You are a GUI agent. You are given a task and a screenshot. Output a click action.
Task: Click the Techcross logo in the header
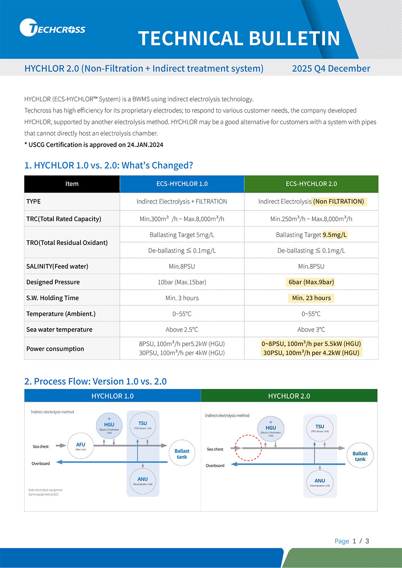(x=52, y=28)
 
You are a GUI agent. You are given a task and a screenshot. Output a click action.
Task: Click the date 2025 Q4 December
(x=331, y=69)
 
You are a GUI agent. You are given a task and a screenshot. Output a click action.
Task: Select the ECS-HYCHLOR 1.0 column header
(x=182, y=184)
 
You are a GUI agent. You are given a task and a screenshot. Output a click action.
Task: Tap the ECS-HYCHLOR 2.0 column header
(x=311, y=184)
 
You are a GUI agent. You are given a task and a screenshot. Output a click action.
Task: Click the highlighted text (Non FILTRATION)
(x=339, y=202)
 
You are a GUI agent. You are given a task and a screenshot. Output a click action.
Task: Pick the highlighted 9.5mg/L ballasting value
(x=334, y=235)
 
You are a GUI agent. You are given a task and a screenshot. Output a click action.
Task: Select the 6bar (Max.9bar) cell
(x=311, y=282)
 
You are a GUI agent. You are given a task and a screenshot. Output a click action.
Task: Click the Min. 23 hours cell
(x=311, y=298)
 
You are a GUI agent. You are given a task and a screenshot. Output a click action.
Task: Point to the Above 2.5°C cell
(x=182, y=330)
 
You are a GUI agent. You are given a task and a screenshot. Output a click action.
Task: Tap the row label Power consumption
(x=55, y=349)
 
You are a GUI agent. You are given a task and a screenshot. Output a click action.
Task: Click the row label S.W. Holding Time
(x=52, y=298)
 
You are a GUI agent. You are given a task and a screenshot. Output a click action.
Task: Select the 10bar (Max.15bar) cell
(x=182, y=282)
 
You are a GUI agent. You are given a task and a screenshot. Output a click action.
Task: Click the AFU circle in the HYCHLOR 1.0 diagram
(x=80, y=445)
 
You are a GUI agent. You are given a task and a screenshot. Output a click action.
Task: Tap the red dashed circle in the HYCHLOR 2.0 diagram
(x=248, y=447)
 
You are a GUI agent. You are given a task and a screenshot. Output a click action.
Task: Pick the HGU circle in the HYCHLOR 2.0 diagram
(x=271, y=429)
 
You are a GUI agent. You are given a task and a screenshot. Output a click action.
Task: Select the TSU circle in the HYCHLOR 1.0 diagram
(x=142, y=425)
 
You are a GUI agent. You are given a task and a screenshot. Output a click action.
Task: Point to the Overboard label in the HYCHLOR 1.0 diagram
(x=41, y=464)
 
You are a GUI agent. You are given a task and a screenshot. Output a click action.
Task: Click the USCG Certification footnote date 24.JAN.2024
(x=145, y=145)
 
